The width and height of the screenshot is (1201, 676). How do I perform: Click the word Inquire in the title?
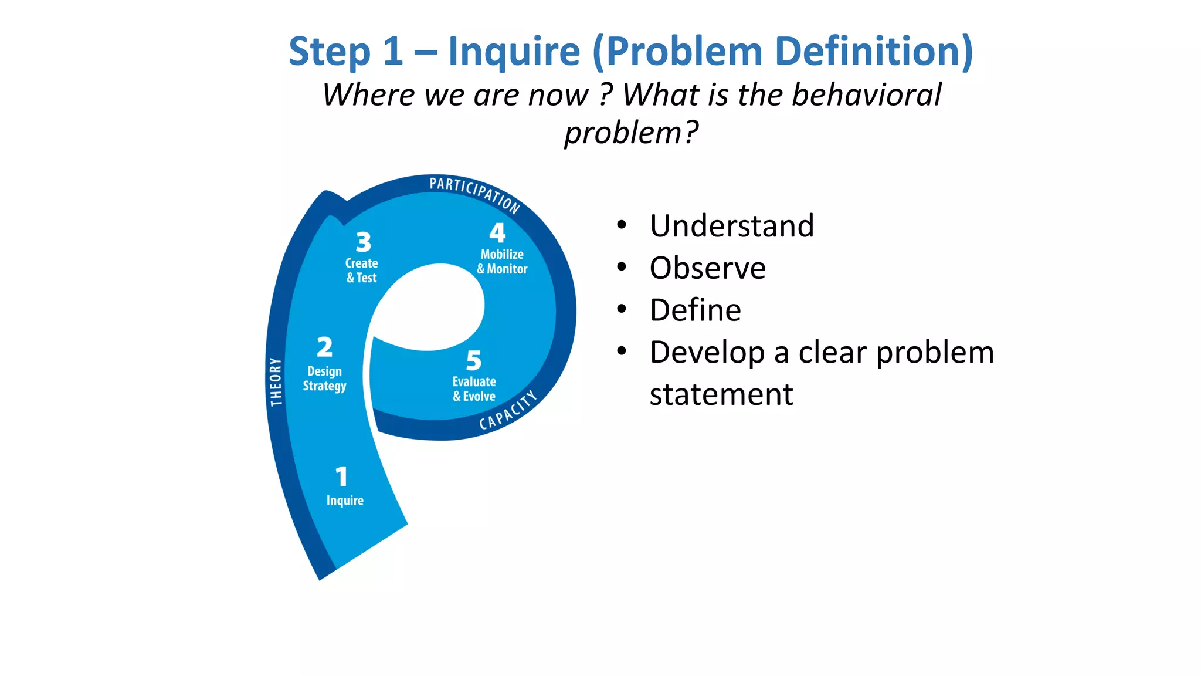point(514,52)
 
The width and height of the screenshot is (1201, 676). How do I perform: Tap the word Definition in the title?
point(874,52)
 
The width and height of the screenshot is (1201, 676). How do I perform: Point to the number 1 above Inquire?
point(341,476)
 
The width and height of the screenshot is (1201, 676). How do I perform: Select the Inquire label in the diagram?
point(345,501)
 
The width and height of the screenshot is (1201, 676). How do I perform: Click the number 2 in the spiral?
point(324,347)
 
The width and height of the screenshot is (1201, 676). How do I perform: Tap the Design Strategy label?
point(324,378)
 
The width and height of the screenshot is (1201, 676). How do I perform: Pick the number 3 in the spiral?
point(364,242)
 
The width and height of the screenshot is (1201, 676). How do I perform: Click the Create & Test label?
point(361,271)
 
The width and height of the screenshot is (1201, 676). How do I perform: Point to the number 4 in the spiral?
point(497,233)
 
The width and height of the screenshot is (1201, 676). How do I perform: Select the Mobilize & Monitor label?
point(502,262)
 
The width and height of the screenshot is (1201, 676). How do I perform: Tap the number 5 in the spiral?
point(473,360)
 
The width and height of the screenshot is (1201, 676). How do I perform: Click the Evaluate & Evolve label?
point(474,389)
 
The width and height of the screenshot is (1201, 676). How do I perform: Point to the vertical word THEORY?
point(276,381)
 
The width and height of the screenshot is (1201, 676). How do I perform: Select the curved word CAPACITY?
point(508,410)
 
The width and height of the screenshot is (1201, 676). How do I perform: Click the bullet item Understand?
point(732,226)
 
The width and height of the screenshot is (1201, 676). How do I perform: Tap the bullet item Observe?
point(707,268)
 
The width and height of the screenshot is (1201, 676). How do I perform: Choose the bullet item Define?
point(695,310)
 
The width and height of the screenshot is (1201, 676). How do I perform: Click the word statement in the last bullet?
point(721,394)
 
